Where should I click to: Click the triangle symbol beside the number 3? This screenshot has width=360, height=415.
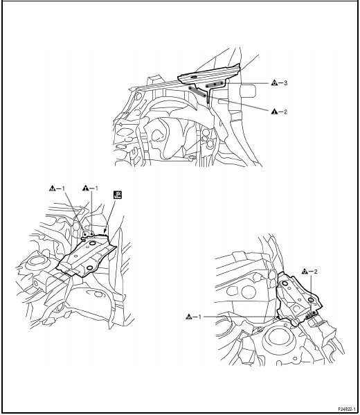274,83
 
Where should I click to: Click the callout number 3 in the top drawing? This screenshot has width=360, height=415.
285,83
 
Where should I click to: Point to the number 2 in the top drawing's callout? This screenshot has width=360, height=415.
285,112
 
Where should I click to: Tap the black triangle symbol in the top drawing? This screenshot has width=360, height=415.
274,112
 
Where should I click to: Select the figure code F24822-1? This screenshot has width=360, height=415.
347,409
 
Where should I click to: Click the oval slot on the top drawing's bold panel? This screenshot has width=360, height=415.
194,77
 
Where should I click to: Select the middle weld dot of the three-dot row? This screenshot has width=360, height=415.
215,85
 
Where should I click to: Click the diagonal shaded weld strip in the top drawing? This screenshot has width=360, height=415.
197,91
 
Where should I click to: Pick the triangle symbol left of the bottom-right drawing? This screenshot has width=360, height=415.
189,317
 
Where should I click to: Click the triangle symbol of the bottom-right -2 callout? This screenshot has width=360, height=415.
305,272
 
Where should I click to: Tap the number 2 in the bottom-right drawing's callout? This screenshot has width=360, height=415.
316,272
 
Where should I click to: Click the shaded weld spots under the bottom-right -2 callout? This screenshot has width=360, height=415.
310,315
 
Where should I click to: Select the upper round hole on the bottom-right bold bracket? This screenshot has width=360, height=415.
285,284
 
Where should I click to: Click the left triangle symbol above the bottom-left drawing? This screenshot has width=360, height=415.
53,188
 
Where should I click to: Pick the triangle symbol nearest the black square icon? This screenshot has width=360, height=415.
85,188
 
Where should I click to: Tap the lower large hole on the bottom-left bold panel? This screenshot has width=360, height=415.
90,268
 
